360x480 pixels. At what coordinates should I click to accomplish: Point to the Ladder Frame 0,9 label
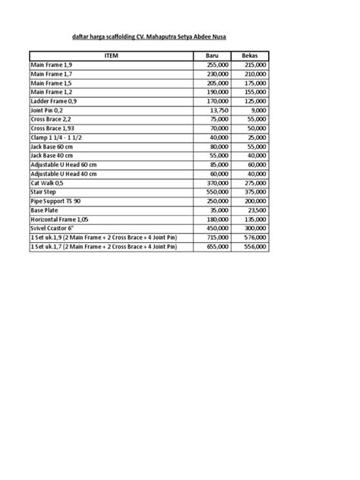pos(54,100)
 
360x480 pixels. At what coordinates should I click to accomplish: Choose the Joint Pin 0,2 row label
pos(47,109)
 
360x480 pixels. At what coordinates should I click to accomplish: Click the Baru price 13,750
pos(219,109)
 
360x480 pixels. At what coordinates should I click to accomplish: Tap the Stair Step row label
pos(46,193)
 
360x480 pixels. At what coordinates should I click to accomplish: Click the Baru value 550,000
pos(216,193)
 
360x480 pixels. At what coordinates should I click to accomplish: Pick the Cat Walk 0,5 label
pos(48,184)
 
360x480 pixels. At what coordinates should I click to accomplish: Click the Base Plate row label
pos(46,210)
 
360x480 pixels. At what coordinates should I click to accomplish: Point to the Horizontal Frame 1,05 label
pos(62,219)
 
